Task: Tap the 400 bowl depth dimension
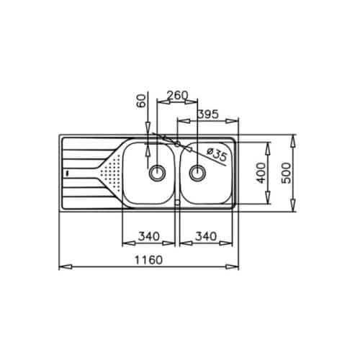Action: [259, 173]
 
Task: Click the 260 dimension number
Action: [176, 95]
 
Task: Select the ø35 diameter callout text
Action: [217, 154]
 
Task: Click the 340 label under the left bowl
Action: [147, 235]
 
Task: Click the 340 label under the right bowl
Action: [207, 235]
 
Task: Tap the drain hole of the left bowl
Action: [156, 173]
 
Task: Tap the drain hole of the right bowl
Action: [197, 173]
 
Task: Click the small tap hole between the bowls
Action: [176, 143]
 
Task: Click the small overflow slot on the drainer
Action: [66, 173]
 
